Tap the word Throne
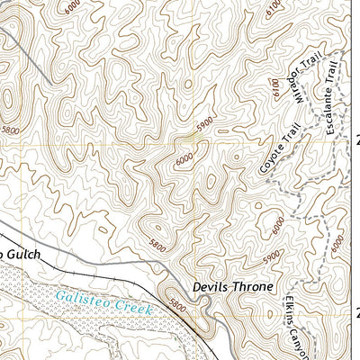pyautogui.click(x=252, y=289)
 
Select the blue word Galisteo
pyautogui.click(x=78, y=297)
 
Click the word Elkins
pyautogui.click(x=289, y=312)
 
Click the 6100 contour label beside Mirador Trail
pyautogui.click(x=276, y=85)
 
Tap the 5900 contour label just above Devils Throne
pyautogui.click(x=272, y=256)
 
